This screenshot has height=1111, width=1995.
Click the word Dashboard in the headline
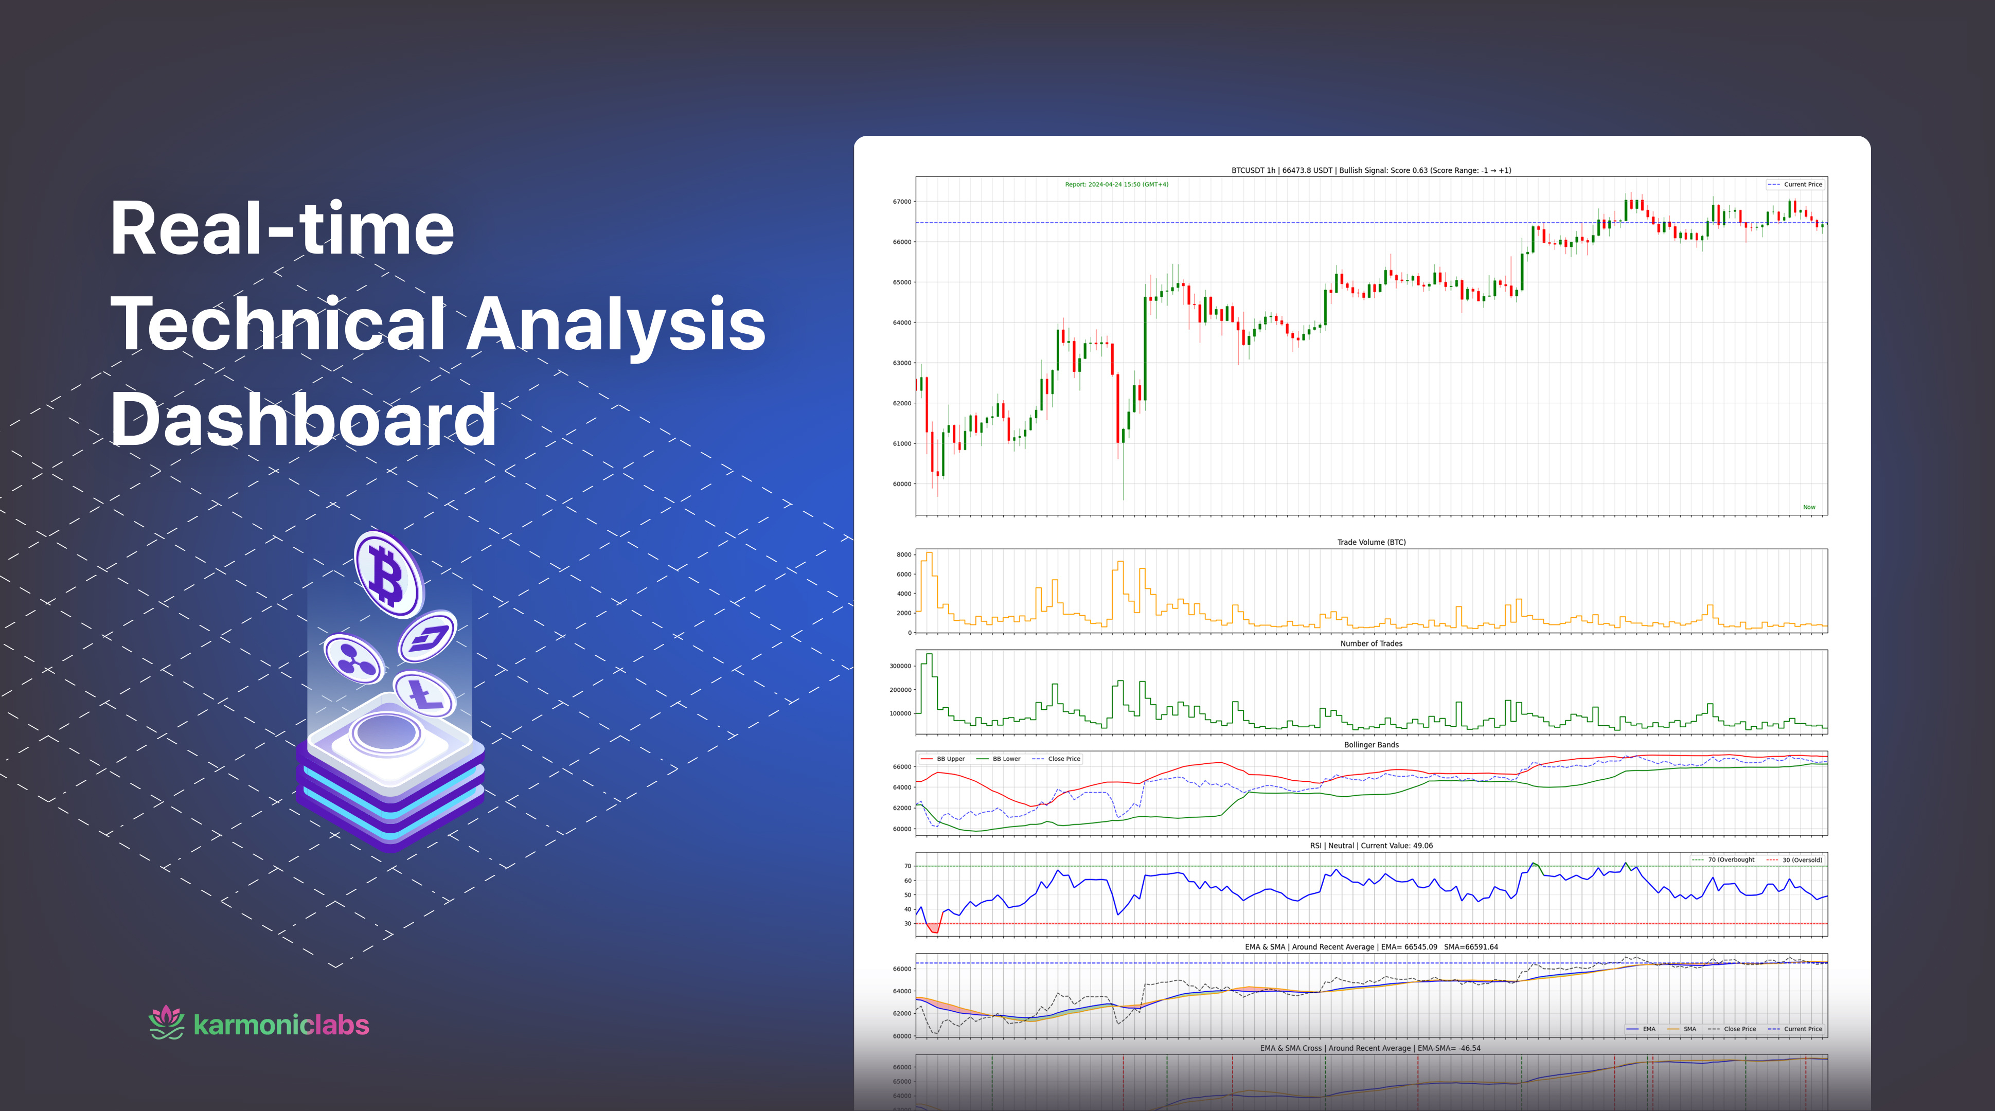303,419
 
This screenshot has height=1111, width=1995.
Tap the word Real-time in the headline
282,229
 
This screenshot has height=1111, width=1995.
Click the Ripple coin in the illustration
353,659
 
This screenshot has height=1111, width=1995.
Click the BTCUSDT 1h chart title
1371,170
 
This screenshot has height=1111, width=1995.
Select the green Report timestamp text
1116,184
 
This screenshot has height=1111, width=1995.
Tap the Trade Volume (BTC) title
1371,542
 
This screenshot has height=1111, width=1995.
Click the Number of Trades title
1371,643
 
